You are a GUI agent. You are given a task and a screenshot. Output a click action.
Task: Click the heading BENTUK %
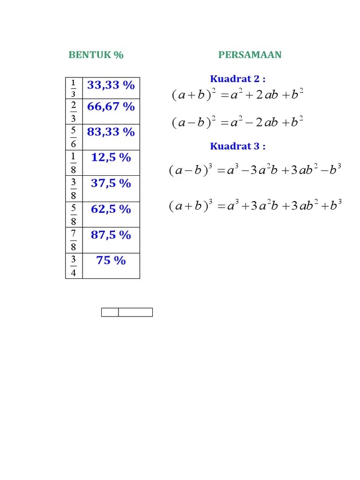(x=96, y=55)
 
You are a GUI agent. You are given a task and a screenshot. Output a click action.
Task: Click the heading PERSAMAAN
(x=250, y=55)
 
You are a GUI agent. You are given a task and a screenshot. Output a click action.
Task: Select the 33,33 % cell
(x=111, y=85)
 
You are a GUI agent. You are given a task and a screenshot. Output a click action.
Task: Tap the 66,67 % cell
(x=111, y=107)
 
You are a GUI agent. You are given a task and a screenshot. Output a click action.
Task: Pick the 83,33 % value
(x=111, y=132)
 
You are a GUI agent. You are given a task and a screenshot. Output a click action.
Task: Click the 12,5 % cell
(x=111, y=157)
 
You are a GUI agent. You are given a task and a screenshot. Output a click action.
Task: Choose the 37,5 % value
(x=111, y=183)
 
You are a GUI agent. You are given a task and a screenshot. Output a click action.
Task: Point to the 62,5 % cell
(x=111, y=209)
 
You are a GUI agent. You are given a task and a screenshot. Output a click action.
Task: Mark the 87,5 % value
(x=111, y=235)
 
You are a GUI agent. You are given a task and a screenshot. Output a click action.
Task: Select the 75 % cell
(x=111, y=261)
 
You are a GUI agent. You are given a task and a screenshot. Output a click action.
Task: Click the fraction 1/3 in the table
(x=73, y=88)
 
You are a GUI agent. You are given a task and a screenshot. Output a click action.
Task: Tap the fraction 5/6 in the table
(x=73, y=137)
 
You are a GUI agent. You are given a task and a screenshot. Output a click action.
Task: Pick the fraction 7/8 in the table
(x=73, y=240)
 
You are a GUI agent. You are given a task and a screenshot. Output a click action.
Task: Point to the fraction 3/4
(x=73, y=266)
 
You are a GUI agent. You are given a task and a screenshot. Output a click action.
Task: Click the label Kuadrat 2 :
(x=238, y=79)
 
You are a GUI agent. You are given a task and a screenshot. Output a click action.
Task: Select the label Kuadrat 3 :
(x=238, y=146)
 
